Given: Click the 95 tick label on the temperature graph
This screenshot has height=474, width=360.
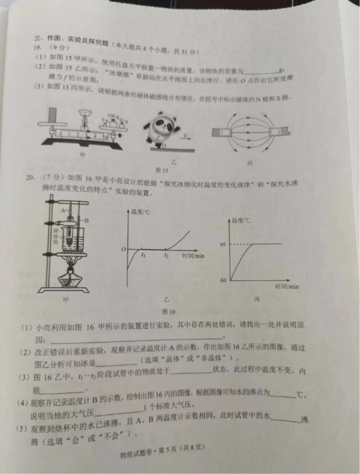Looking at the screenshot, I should point(222,245).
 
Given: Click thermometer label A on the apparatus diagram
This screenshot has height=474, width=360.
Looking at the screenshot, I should point(63,211).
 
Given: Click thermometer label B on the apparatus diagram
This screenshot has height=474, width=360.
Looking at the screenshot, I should point(87,220).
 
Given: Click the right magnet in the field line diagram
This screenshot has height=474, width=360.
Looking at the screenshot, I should point(278,131).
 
